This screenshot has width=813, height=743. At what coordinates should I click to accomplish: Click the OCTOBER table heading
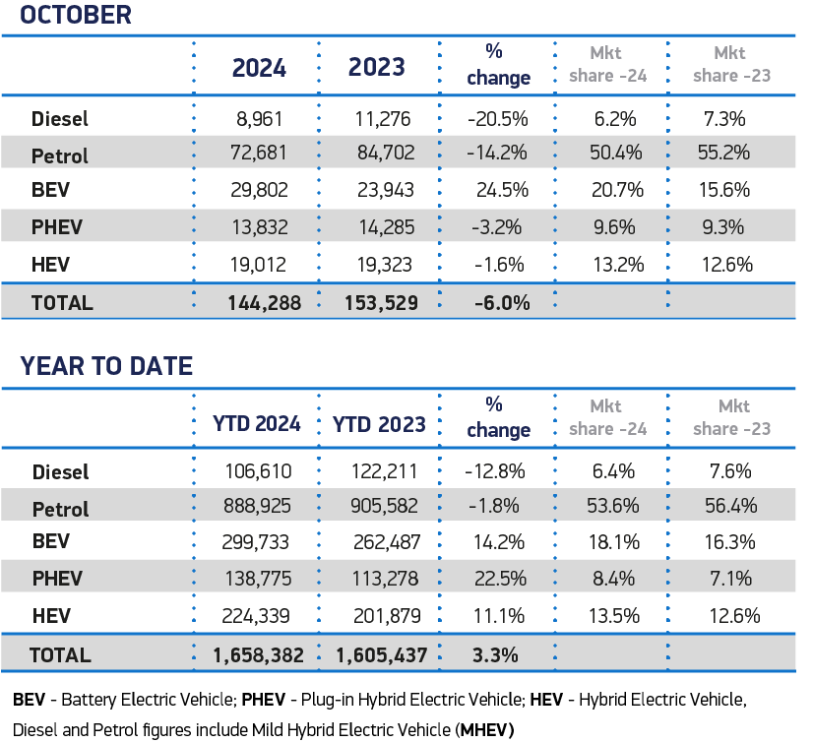pyautogui.click(x=76, y=15)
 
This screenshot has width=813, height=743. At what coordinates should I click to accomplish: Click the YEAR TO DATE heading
pyautogui.click(x=106, y=367)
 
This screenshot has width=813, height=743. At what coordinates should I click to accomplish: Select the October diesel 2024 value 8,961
pyautogui.click(x=259, y=119)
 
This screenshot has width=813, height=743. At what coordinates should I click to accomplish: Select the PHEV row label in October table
pyautogui.click(x=57, y=227)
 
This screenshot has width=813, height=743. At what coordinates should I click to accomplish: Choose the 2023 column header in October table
pyautogui.click(x=376, y=67)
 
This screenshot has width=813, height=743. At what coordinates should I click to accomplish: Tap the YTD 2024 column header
pyautogui.click(x=255, y=424)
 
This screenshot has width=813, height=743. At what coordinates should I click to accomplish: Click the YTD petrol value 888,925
pyautogui.click(x=258, y=509)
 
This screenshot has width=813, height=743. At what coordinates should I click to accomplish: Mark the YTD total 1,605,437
pyautogui.click(x=380, y=654)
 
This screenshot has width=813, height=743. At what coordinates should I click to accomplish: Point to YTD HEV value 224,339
pyautogui.click(x=258, y=617)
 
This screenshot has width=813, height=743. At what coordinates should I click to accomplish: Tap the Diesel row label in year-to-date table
pyautogui.click(x=60, y=472)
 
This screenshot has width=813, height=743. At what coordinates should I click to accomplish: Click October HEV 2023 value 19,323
pyautogui.click(x=384, y=264)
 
